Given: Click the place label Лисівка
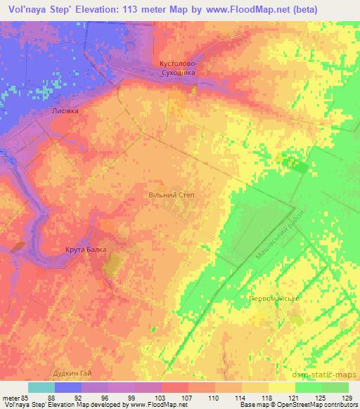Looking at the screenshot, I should [x=65, y=111].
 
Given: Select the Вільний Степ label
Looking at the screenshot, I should [x=170, y=195].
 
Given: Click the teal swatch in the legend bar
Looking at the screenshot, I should [x=41, y=387].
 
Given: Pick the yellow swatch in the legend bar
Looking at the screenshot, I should [x=281, y=387].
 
